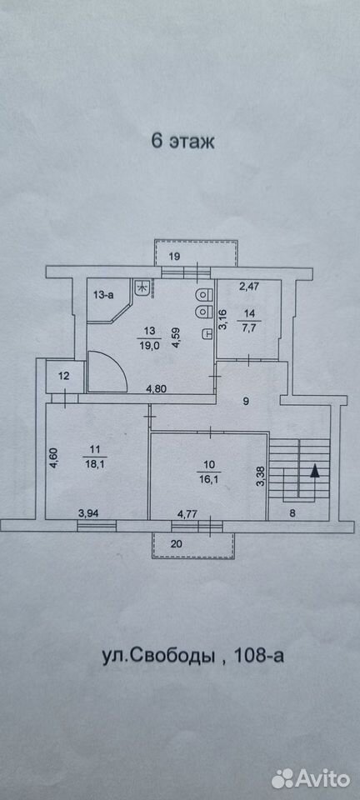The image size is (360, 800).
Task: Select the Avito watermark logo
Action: [311, 778]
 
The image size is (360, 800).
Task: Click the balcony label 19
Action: [174, 257]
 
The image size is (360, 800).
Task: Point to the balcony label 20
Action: [177, 544]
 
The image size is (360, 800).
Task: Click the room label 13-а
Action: [103, 294]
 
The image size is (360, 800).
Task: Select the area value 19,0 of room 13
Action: [150, 344]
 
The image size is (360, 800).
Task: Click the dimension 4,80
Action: [157, 389]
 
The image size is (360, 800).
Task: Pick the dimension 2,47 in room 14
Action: [250, 286]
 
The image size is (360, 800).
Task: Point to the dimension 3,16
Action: [222, 319]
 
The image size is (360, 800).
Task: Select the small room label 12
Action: [63, 377]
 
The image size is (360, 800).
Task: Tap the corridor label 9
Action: [246, 401]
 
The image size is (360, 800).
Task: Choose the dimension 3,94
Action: [88, 515]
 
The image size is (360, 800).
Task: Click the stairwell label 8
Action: [292, 515]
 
